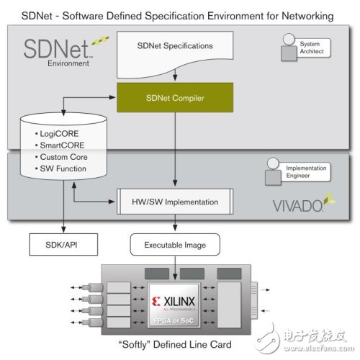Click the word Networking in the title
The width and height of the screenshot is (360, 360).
pyautogui.click(x=309, y=15)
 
